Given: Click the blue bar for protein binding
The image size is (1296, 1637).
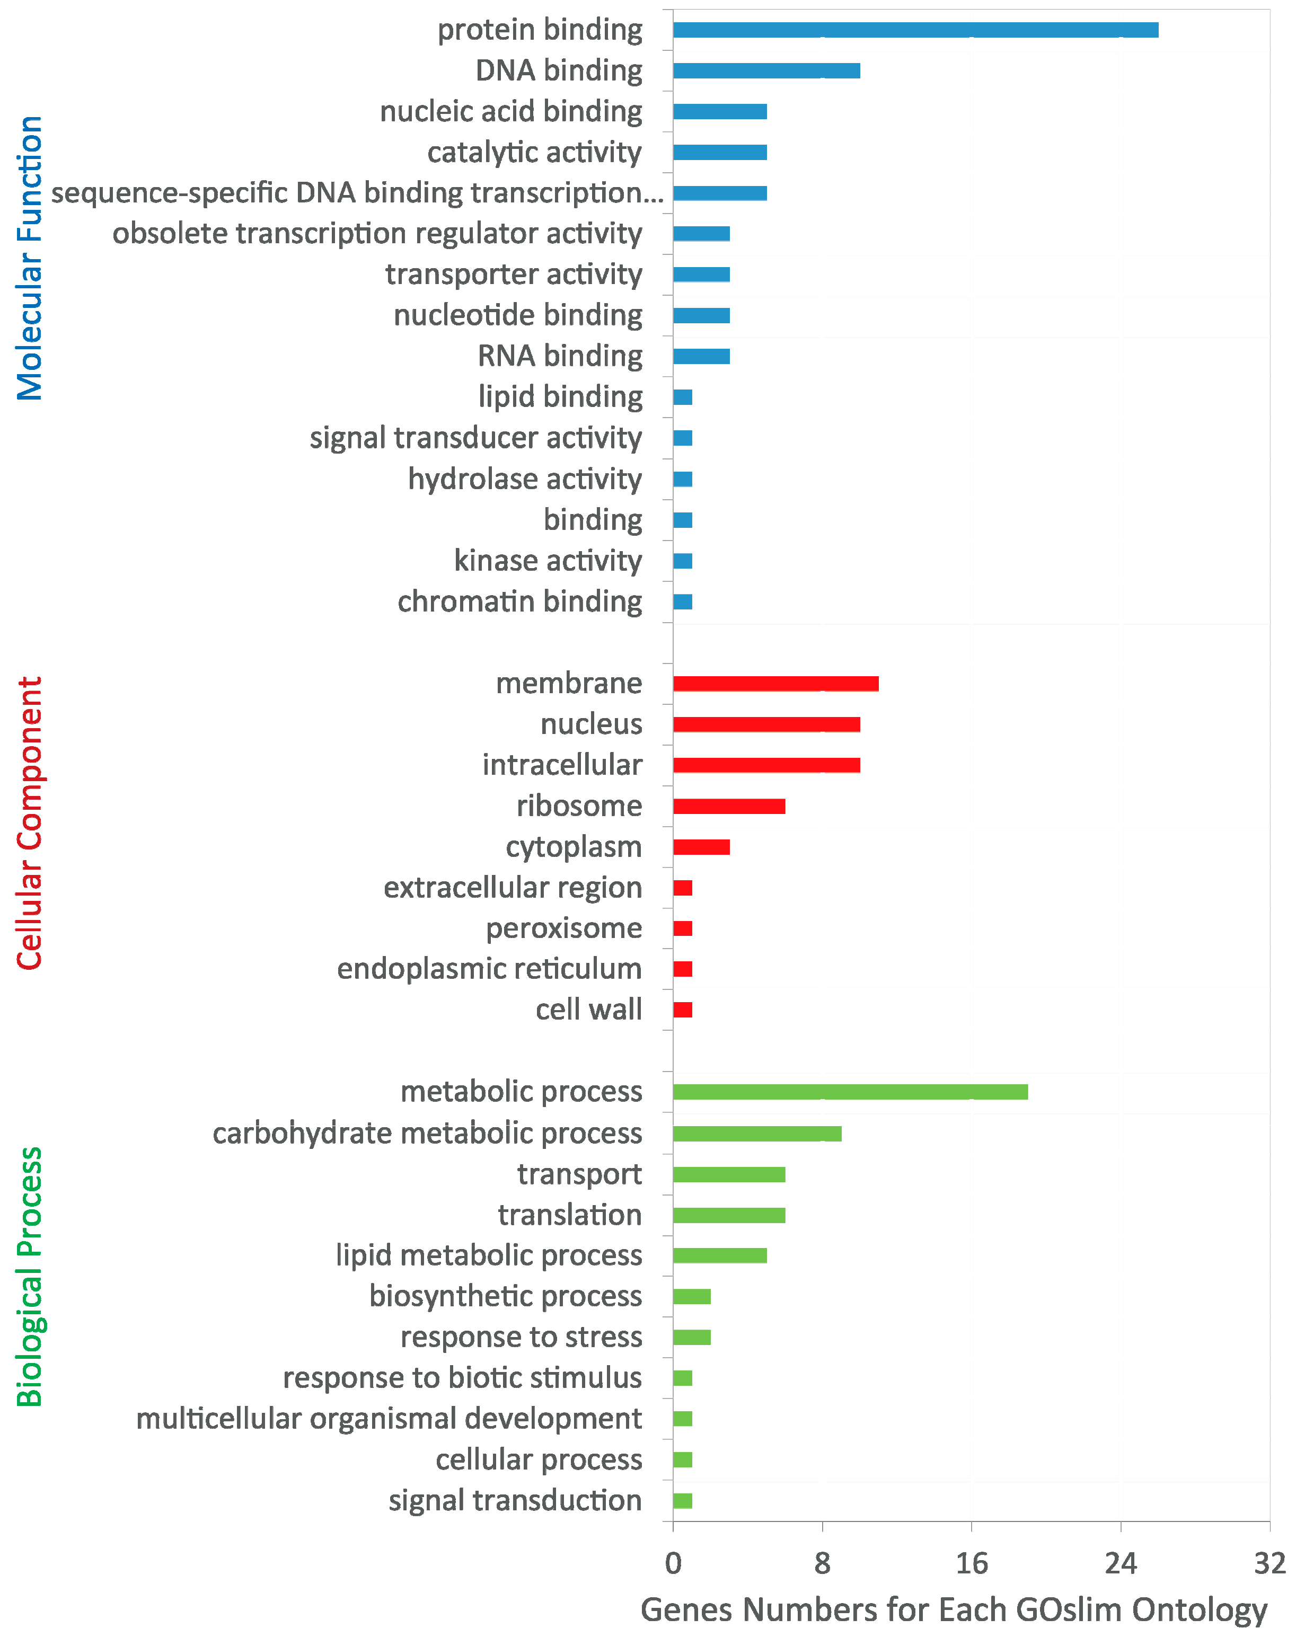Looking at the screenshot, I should [x=914, y=30].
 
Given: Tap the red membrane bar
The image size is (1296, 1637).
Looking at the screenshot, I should [x=775, y=684].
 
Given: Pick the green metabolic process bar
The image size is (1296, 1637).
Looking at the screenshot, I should [x=849, y=1092].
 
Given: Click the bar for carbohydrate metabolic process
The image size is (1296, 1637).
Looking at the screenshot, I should [x=756, y=1134].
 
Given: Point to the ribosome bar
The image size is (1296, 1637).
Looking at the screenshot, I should [x=728, y=806].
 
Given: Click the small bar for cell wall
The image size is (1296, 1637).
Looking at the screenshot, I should [x=682, y=1010].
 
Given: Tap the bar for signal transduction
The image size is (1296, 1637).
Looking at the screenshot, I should [x=682, y=1500].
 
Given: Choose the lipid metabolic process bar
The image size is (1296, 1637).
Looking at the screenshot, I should [x=719, y=1255].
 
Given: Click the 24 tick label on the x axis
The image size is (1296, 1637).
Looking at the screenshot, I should [x=1120, y=1564].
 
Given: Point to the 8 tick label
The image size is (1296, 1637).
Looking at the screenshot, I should [x=822, y=1564].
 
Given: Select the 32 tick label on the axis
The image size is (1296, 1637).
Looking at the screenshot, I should [x=1268, y=1564].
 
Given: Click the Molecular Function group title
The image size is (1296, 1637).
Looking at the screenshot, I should [x=30, y=258].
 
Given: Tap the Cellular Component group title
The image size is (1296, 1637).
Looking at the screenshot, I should [x=30, y=823].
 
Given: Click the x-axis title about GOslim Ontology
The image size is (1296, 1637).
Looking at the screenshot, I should [x=954, y=1609].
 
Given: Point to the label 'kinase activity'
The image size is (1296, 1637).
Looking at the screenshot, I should [x=548, y=561].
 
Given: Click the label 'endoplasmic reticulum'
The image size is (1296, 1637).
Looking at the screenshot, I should [x=489, y=969].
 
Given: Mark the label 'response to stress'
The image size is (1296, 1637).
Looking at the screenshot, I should [x=521, y=1337].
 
